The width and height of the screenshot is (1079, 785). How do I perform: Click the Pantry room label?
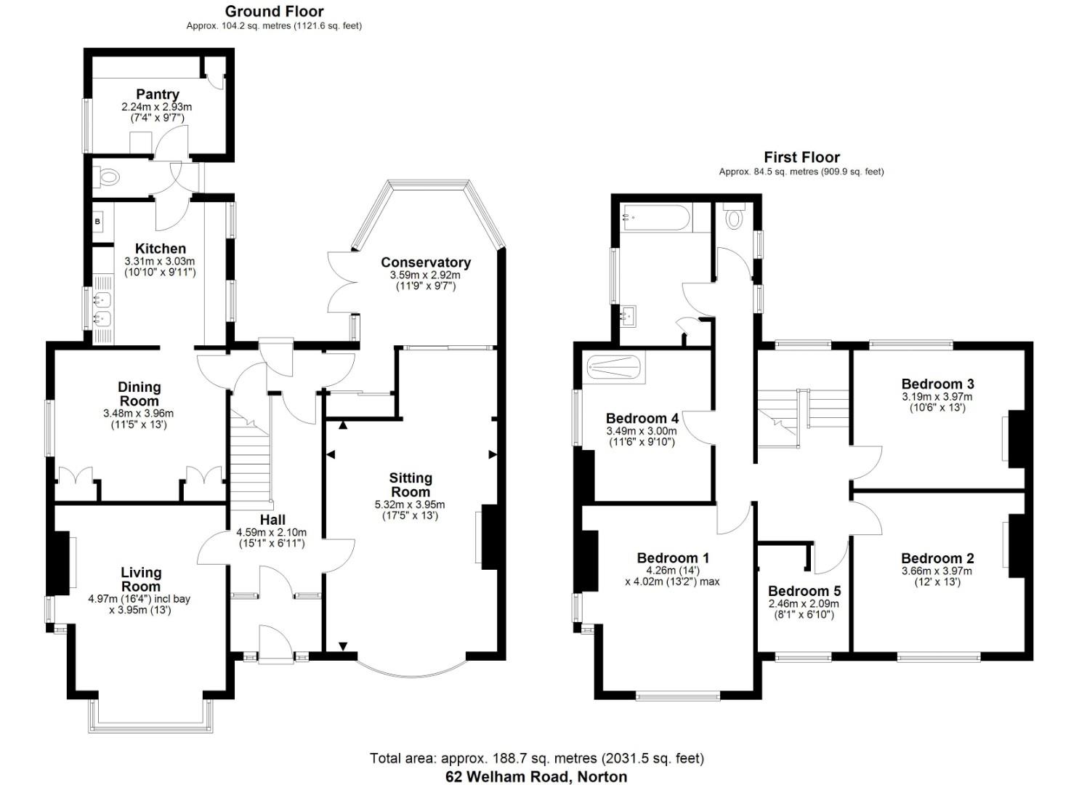point(158,94)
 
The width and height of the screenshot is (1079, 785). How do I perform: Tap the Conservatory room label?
point(426,262)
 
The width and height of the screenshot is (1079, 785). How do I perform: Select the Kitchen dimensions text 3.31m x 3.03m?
point(160,261)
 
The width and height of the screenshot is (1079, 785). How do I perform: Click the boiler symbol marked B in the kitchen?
point(97,221)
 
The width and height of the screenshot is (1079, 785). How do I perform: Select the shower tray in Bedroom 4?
point(615,368)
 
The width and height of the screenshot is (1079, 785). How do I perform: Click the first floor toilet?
point(735,217)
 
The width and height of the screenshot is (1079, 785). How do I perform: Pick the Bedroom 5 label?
point(804,591)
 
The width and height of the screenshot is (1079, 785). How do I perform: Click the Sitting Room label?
point(411,485)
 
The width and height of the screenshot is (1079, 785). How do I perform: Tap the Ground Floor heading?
point(274,11)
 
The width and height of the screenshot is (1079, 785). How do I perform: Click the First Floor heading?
point(801,157)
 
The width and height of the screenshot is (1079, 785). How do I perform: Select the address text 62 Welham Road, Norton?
point(536,776)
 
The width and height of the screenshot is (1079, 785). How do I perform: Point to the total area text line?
point(536,758)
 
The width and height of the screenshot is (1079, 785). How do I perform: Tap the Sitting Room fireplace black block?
point(488,536)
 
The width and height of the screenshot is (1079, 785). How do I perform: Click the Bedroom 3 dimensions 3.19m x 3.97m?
point(937,397)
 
